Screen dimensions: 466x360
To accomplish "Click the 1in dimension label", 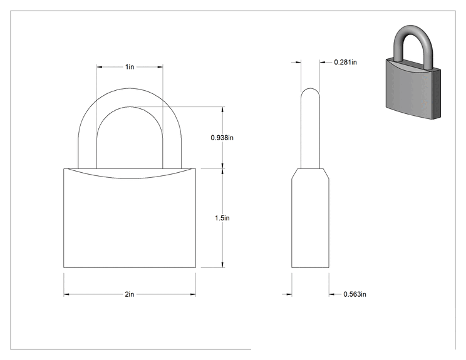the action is (130, 67).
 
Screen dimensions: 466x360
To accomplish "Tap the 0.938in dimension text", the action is (222, 138).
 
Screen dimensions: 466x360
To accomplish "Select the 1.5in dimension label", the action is (222, 218).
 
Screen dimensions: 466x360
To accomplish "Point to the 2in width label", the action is (130, 294).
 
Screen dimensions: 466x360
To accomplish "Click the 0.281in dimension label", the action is (345, 63).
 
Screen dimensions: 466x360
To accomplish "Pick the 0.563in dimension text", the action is (355, 294).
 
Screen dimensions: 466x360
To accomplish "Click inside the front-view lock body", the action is (130, 223).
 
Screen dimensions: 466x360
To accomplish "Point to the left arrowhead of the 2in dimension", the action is (66, 294).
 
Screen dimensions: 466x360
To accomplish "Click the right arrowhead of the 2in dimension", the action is (193, 294).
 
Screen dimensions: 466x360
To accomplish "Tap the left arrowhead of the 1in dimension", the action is (100, 67).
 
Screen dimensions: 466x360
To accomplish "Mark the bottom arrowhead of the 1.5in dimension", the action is (223, 265).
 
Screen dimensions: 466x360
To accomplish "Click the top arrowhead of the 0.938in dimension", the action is (223, 110).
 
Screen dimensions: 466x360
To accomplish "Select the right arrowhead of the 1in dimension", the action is (160, 67).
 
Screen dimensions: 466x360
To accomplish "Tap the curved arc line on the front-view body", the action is (130, 178).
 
